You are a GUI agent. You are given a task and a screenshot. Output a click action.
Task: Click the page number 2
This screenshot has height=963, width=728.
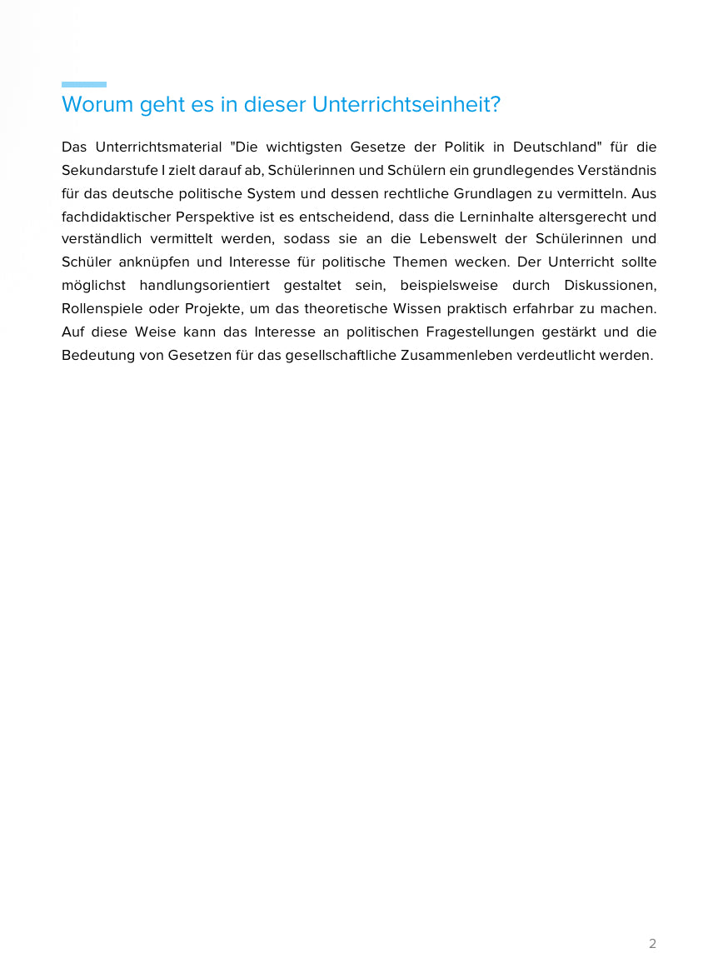(x=652, y=944)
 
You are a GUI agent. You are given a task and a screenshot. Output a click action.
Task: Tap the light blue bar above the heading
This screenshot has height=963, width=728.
(x=83, y=84)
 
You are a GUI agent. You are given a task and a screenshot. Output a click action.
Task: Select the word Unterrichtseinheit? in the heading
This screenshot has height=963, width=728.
(x=406, y=105)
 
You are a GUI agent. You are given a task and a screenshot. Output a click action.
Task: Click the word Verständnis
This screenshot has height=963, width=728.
(x=616, y=171)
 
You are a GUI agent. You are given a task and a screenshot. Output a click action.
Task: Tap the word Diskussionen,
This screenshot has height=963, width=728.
(x=611, y=286)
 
